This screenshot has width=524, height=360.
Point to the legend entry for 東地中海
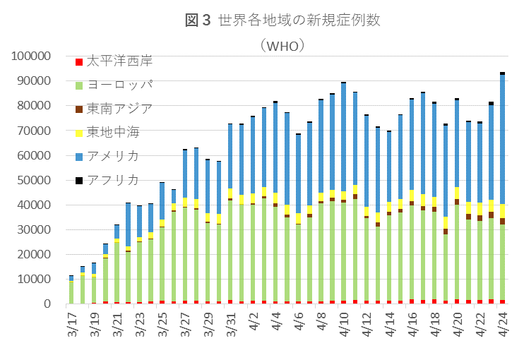click(113, 132)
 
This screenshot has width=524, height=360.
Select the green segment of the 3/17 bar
click(71, 292)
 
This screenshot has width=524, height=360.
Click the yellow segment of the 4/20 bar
click(457, 193)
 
